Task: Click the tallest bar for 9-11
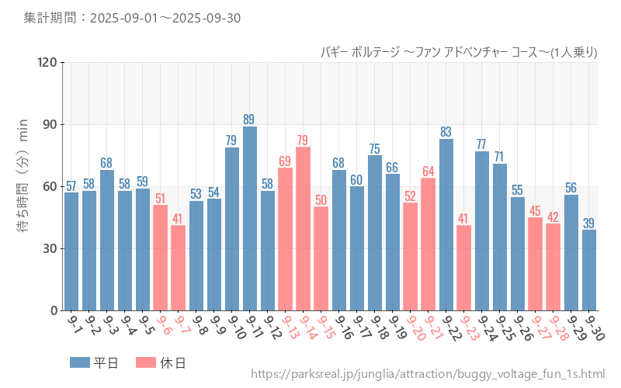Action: (x=250, y=218)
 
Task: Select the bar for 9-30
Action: (x=589, y=270)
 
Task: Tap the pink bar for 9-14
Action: (x=303, y=228)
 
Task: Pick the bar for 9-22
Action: (x=446, y=224)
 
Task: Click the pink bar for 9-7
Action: (x=179, y=268)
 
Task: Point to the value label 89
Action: (x=249, y=120)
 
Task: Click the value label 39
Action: (x=589, y=223)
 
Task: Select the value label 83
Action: (x=446, y=132)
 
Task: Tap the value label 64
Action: (x=428, y=171)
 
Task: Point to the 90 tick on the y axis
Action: (x=48, y=125)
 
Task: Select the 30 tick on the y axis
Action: (x=48, y=249)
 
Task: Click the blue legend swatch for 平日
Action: (x=80, y=362)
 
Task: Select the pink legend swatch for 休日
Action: (x=145, y=362)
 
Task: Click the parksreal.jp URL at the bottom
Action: (x=428, y=375)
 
